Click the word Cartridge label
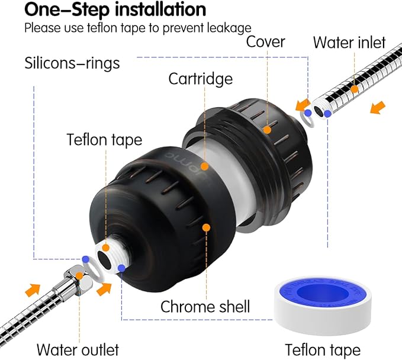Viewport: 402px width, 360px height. [200, 78]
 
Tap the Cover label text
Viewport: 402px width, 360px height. [266, 42]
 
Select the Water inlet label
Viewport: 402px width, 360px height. [349, 42]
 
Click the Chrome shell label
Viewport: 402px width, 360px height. [205, 306]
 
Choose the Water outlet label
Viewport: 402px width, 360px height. [78, 349]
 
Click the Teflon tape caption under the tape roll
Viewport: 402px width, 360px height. [323, 349]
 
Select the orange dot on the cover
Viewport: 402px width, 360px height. [268, 128]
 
